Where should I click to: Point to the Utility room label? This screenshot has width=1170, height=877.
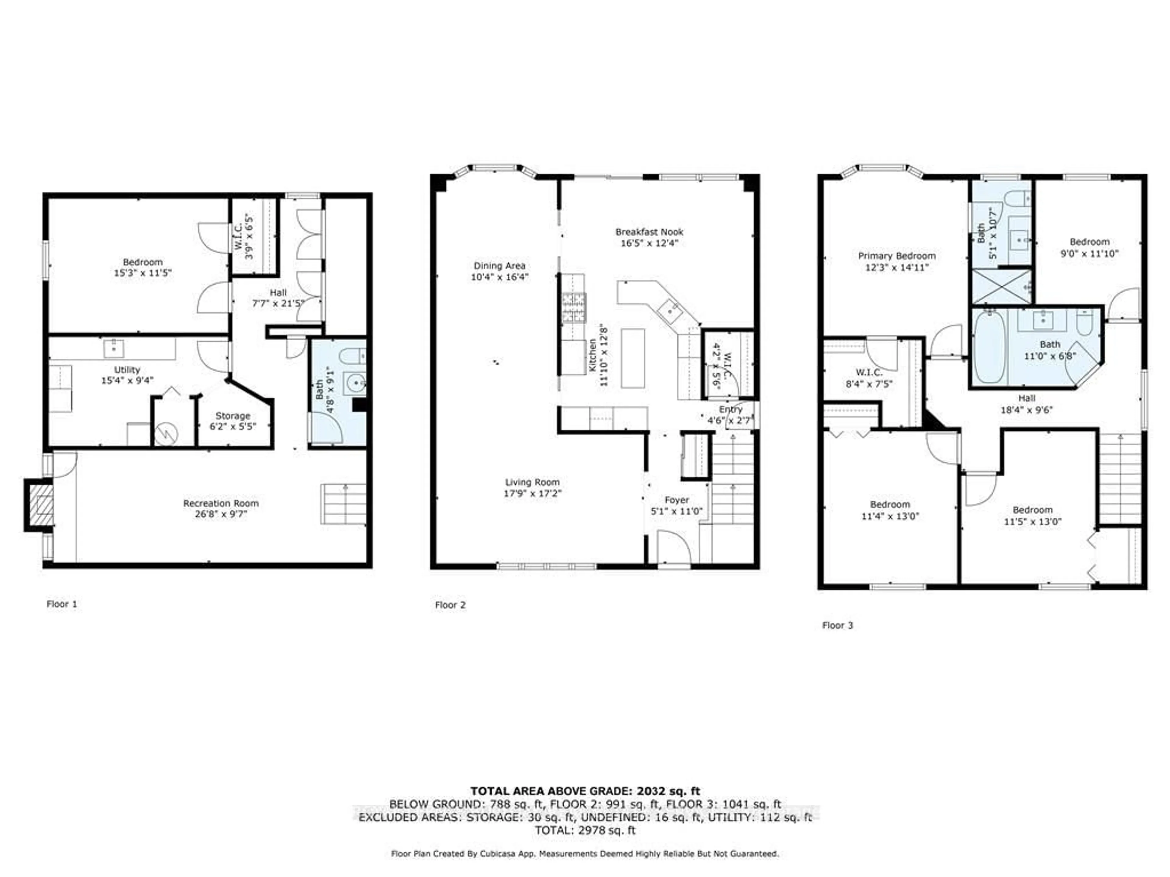(x=127, y=370)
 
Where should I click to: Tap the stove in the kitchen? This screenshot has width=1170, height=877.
(x=574, y=308)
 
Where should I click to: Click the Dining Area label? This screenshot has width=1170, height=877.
(x=499, y=266)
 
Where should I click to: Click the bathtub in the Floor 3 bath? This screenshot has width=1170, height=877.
(x=989, y=347)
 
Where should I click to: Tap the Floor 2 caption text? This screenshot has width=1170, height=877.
(x=450, y=605)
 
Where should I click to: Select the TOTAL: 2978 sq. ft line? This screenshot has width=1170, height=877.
(x=585, y=830)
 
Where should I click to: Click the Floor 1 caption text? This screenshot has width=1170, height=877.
(x=62, y=603)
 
